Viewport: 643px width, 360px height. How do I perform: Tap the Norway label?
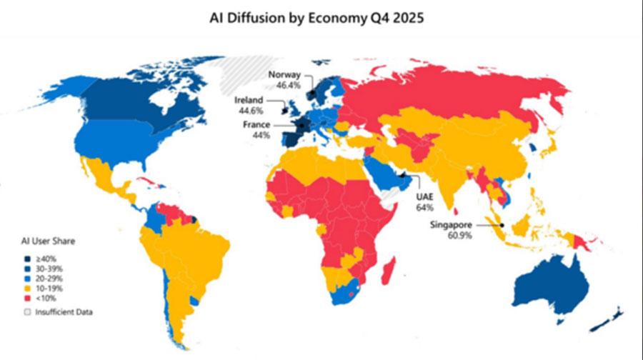click(284, 74)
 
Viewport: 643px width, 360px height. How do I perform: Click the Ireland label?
click(249, 100)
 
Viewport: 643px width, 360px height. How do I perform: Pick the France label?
click(256, 124)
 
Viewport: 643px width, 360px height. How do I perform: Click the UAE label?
click(424, 196)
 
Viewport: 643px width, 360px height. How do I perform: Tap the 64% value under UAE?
click(424, 207)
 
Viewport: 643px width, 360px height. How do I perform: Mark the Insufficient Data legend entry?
click(60, 311)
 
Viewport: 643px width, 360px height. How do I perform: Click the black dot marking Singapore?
click(502, 225)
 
